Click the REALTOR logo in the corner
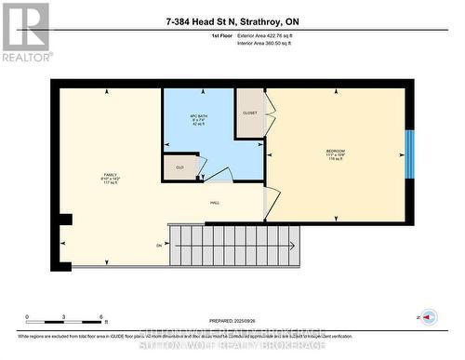pos(25,32)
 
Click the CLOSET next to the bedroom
pos(250,113)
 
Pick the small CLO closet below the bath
pos(180,167)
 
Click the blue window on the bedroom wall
pos(409,154)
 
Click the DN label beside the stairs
pos(159,245)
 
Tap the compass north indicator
pos(426,318)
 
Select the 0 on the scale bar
pos(27,317)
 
